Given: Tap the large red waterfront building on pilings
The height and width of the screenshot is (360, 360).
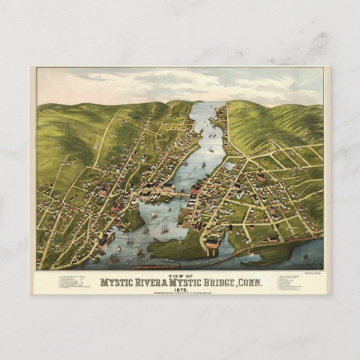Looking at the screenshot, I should click(212, 244).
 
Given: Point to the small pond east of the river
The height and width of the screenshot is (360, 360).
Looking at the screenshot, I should click(229, 166).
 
